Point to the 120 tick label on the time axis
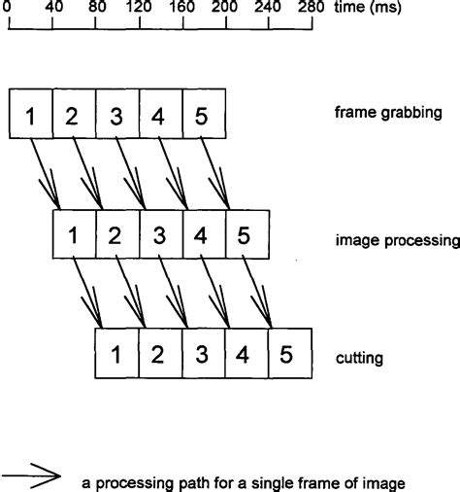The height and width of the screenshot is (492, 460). tap(139, 8)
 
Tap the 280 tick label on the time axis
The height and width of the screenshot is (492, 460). tap(312, 8)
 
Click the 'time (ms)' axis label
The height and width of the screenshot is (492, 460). tap(358, 8)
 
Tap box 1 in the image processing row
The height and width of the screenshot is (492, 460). tap(74, 234)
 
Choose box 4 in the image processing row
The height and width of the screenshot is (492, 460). tap(203, 234)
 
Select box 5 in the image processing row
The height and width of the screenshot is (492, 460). tap(246, 234)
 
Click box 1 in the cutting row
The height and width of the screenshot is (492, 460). tap(116, 355)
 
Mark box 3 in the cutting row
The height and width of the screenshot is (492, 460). tap(203, 355)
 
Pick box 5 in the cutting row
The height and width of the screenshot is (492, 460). tap(289, 355)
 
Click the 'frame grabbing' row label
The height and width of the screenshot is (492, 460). tap(387, 114)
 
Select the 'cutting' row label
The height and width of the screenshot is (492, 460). tap(358, 358)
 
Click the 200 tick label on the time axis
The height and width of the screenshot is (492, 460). tap(225, 8)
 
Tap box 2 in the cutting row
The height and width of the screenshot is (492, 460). tap(160, 355)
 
